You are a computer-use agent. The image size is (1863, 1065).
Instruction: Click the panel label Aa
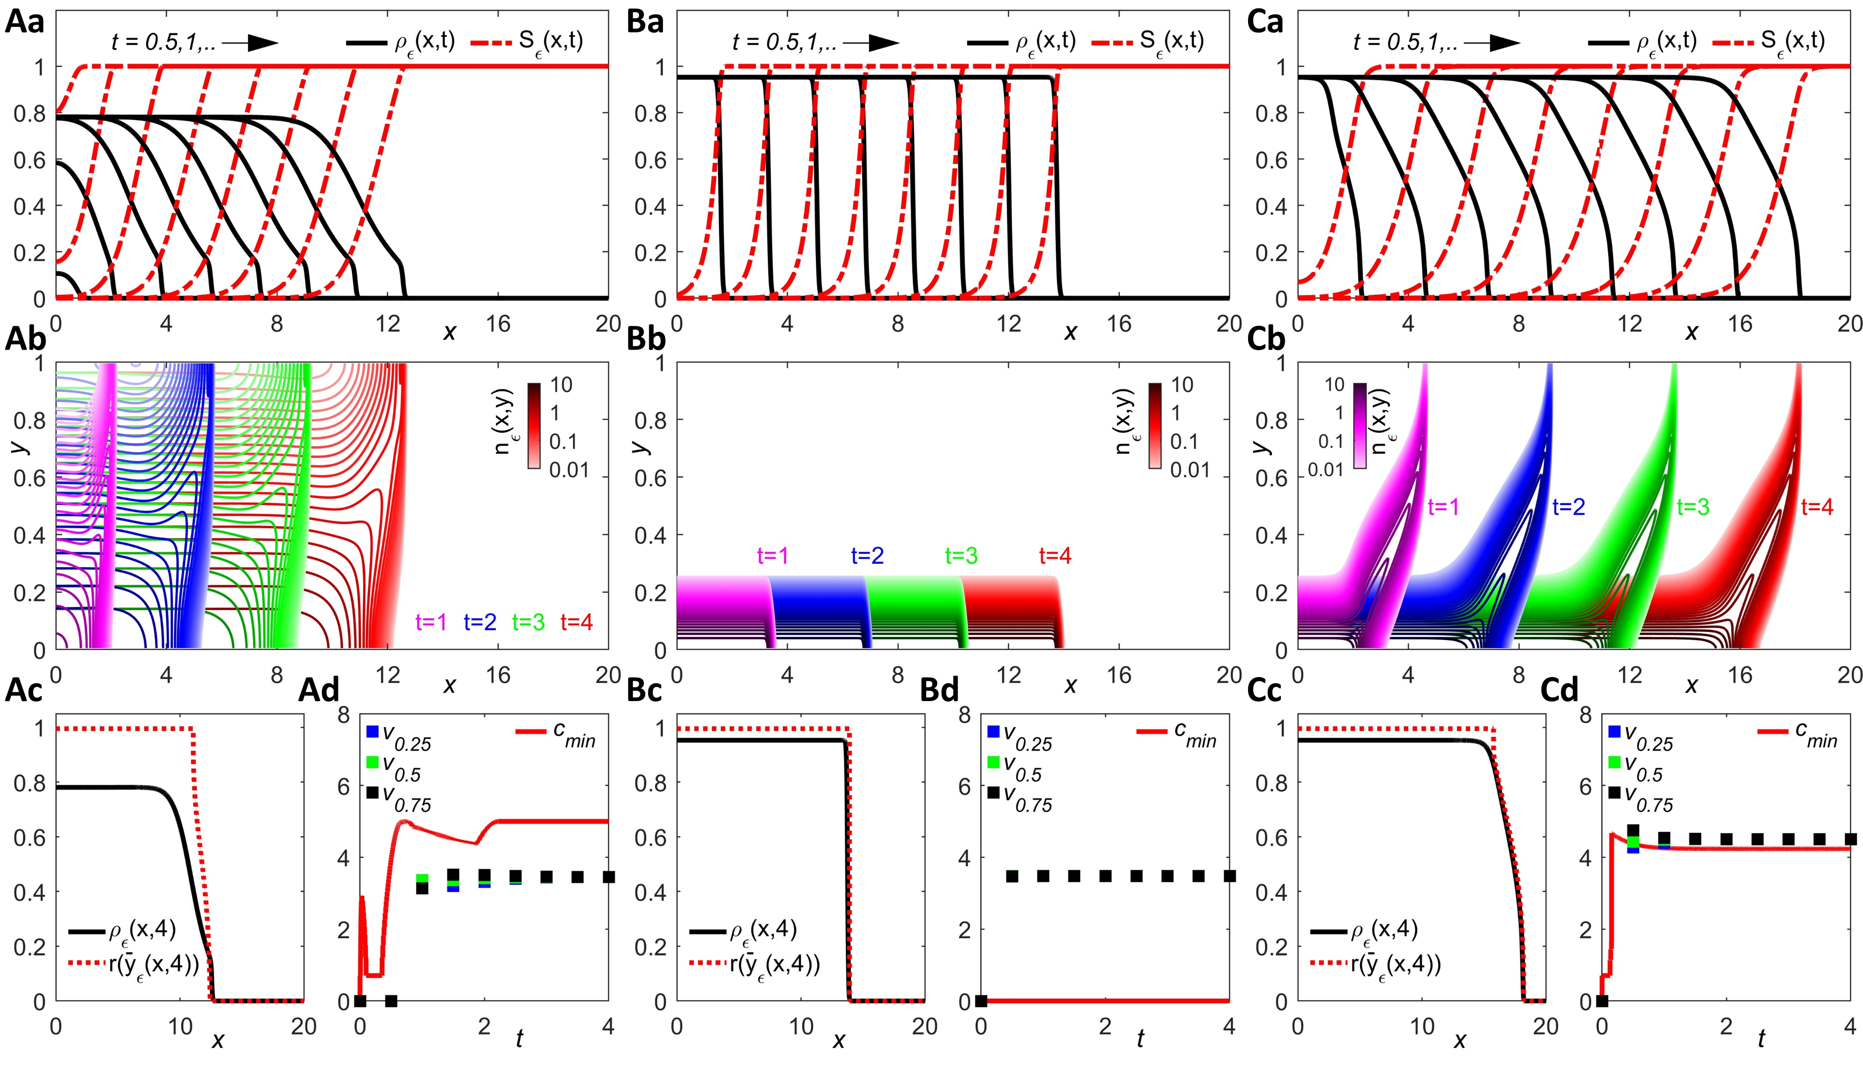[25, 22]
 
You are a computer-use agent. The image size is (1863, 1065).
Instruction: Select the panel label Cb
[1265, 340]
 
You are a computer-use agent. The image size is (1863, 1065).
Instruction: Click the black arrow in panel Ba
[872, 43]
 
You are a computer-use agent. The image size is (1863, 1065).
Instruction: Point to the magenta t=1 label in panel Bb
[773, 556]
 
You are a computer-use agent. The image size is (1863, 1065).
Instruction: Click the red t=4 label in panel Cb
[1817, 507]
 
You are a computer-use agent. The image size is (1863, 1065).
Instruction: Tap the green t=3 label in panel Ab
[528, 623]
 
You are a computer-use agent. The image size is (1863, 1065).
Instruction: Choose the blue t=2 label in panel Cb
[1568, 507]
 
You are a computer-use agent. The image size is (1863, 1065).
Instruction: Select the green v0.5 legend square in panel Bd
[993, 762]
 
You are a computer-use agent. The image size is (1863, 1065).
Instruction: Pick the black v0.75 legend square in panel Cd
[1614, 793]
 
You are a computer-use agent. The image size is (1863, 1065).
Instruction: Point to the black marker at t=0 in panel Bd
[981, 1001]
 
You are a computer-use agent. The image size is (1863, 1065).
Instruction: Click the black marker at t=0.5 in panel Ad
[391, 1001]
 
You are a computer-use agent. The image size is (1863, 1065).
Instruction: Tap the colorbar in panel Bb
[1155, 426]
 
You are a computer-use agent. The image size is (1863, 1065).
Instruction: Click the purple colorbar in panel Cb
[1360, 426]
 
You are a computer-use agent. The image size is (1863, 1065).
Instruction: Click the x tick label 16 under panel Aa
[498, 324]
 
